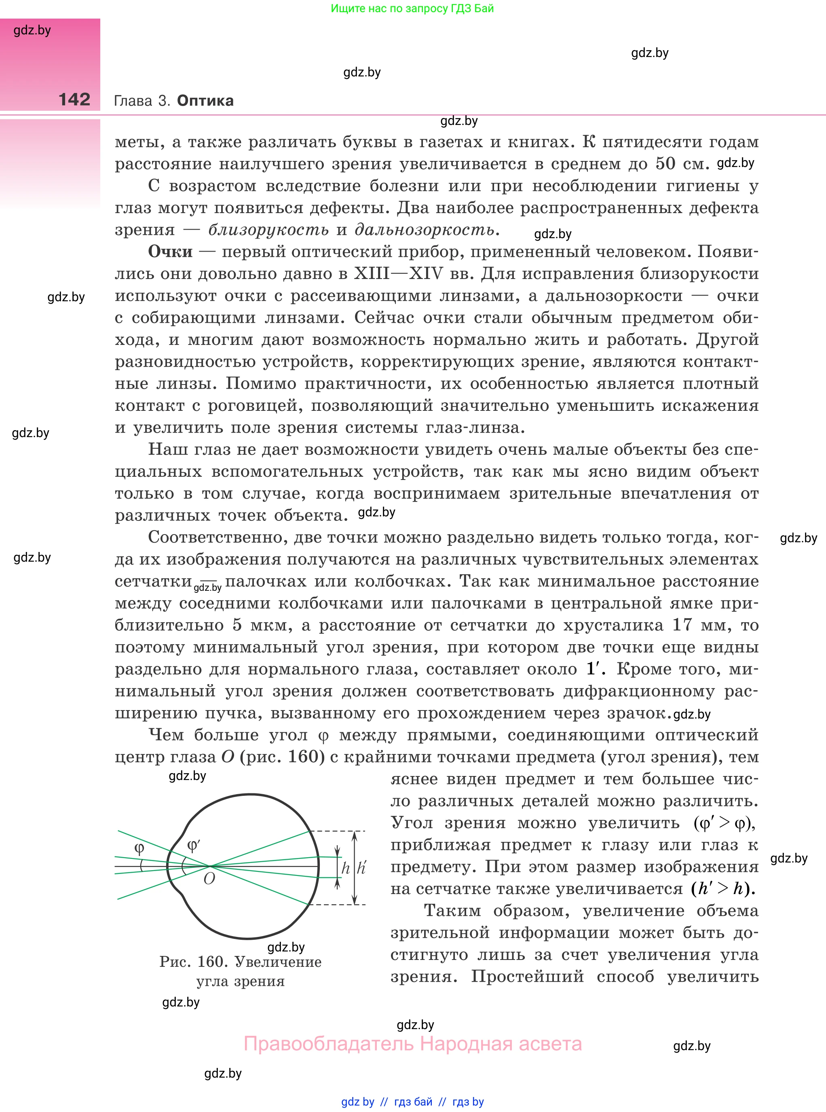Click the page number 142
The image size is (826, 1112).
[74, 99]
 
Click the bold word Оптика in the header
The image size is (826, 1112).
[205, 101]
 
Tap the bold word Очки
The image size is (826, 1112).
[170, 252]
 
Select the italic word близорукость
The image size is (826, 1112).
[268, 230]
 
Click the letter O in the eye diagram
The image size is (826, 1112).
[209, 879]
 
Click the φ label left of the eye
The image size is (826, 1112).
[139, 848]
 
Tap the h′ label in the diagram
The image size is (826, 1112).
[361, 867]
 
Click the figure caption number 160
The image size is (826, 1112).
[210, 962]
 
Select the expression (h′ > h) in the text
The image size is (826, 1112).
[723, 888]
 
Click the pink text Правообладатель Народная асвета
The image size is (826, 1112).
[412, 1044]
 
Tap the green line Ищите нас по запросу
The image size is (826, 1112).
[412, 8]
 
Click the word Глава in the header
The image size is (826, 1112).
[133, 101]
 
